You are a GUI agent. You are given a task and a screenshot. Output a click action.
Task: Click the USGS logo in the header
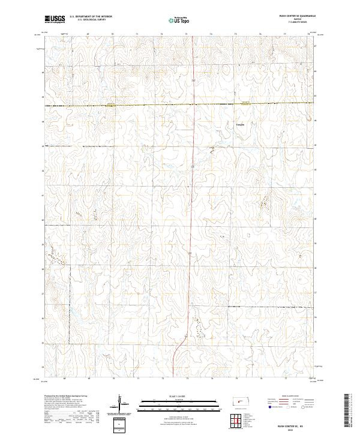pos(55,19)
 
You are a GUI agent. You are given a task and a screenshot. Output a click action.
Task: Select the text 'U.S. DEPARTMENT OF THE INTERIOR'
pos(91,17)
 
